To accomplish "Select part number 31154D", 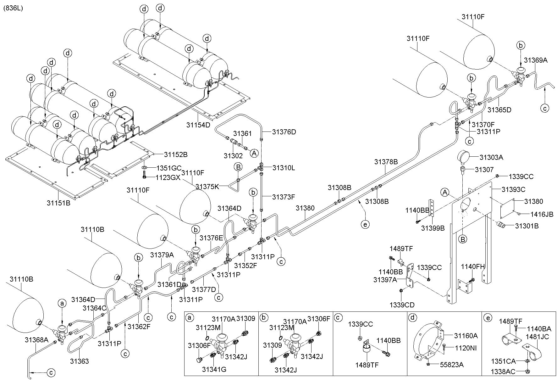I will click(x=198, y=125).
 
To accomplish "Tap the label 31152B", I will click(x=176, y=154).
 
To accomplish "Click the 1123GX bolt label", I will click(x=168, y=177).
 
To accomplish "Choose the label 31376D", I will click(x=284, y=132).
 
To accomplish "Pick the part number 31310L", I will click(x=284, y=168).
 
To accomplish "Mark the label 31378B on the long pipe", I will click(x=386, y=162).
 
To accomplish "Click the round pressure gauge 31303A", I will click(x=464, y=156).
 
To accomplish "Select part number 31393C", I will click(x=513, y=189).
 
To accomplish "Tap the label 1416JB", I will click(x=542, y=215).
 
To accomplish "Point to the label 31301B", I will click(x=527, y=226).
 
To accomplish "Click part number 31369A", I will click(x=536, y=60).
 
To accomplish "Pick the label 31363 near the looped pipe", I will click(x=79, y=361).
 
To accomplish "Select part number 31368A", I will click(x=36, y=339).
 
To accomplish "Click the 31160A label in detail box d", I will click(x=466, y=336).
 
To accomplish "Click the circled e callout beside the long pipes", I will click(x=365, y=224).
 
